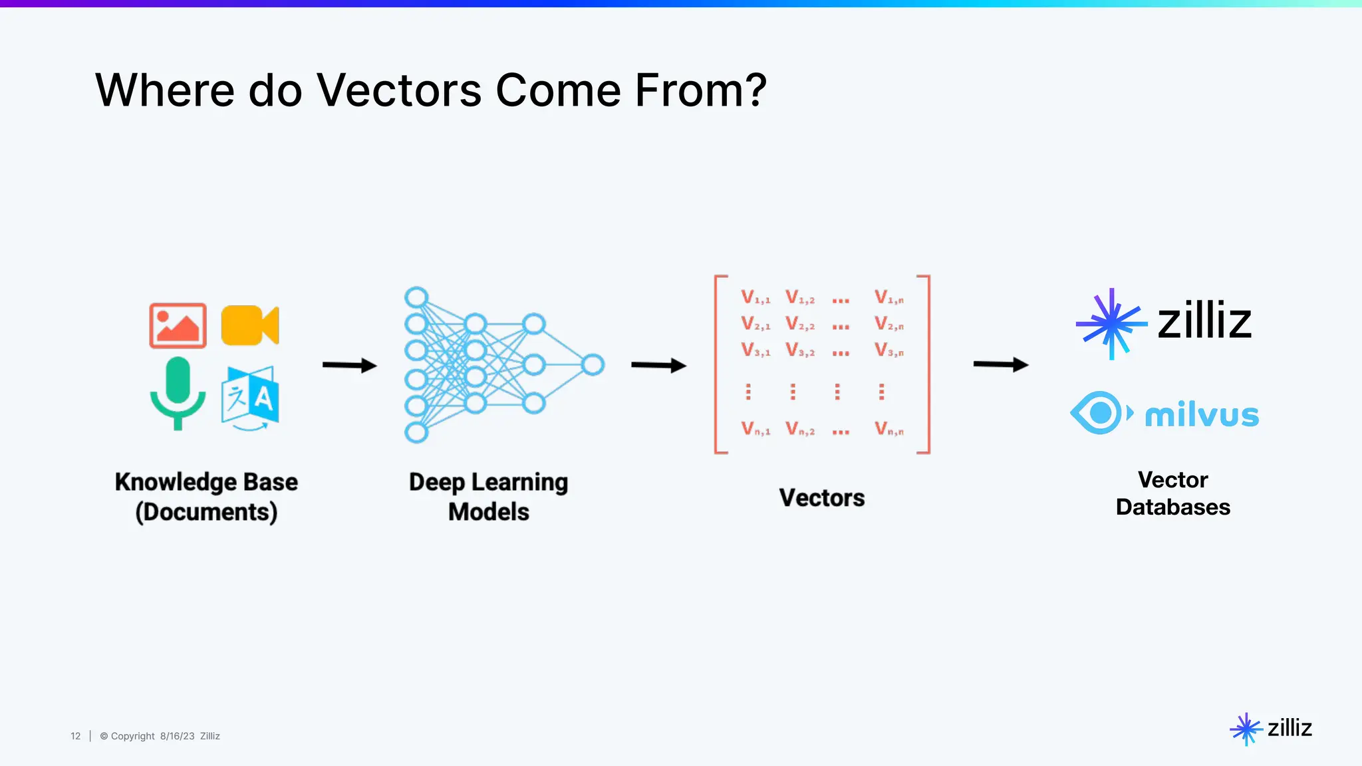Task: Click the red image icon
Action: click(x=178, y=326)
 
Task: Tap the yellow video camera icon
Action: click(x=249, y=326)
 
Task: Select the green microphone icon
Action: click(x=178, y=392)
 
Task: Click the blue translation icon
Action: click(x=250, y=397)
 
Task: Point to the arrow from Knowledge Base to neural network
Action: click(x=349, y=365)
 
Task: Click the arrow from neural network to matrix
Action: click(x=658, y=365)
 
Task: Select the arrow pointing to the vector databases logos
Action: click(x=1000, y=364)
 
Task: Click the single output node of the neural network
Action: click(x=593, y=364)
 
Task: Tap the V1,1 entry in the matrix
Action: click(x=755, y=297)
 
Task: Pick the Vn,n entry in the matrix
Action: click(x=889, y=429)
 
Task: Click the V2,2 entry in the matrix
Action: click(x=800, y=324)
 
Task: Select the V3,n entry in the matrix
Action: click(x=889, y=350)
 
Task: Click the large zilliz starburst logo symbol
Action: click(x=1111, y=324)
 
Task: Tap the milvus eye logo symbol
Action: click(x=1101, y=413)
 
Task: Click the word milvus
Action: click(x=1202, y=415)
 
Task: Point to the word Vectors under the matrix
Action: click(x=822, y=498)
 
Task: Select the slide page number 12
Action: click(x=75, y=736)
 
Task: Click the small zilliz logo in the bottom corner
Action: click(x=1271, y=729)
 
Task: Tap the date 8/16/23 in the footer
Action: click(x=177, y=736)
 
